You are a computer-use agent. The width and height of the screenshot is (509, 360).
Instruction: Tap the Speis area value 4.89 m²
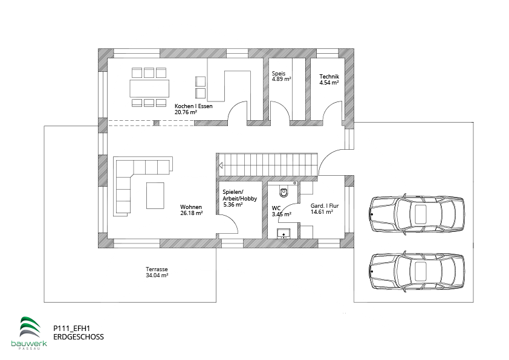(x=281, y=79)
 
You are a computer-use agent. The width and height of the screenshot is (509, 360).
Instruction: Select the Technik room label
(x=329, y=77)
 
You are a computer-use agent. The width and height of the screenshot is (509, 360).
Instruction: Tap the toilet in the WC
(x=284, y=193)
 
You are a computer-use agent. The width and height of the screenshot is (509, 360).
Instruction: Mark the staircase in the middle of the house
(x=268, y=163)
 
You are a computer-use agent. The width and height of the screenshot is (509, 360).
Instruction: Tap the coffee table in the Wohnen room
(x=155, y=195)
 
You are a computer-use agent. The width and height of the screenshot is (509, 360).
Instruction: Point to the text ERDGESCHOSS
(x=79, y=336)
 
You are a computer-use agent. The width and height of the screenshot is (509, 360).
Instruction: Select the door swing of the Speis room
(x=279, y=111)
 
